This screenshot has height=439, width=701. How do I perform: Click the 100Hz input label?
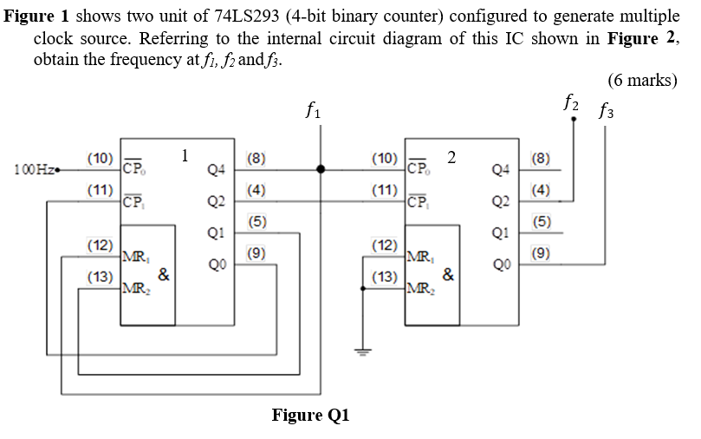click(x=32, y=168)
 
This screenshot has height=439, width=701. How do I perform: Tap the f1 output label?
click(x=315, y=110)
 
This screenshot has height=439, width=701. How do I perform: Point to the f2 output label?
click(x=572, y=102)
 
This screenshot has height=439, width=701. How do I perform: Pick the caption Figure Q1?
click(x=311, y=414)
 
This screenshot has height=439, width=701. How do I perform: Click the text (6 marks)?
click(x=642, y=81)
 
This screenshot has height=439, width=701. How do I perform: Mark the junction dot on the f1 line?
click(x=321, y=169)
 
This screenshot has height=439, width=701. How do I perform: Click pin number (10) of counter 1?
click(x=101, y=158)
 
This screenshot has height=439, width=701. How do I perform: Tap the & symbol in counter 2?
click(x=447, y=275)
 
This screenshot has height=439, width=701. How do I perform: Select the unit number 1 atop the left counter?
click(x=185, y=155)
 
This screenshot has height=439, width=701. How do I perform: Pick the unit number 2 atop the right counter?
click(x=451, y=157)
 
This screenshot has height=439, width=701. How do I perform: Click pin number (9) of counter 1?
click(x=256, y=253)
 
